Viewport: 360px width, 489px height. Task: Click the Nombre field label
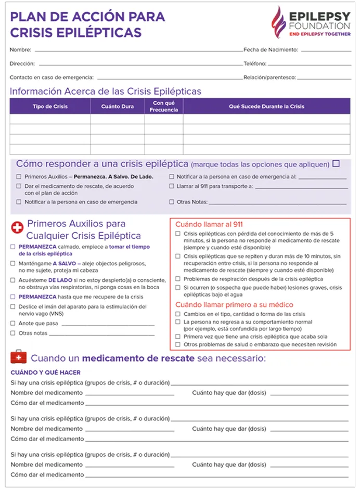point(20,50)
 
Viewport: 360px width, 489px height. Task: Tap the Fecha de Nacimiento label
point(271,50)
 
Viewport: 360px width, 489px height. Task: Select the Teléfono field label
point(255,63)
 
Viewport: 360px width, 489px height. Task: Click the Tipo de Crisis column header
point(50,107)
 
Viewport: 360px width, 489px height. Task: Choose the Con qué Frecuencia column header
point(163,107)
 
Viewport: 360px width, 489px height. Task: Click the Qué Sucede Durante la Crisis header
point(266,107)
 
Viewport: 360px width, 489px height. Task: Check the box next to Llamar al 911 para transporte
point(172,186)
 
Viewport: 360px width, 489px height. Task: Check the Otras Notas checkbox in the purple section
point(172,202)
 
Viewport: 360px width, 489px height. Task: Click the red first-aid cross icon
point(17,228)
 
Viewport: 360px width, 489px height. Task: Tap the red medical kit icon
point(19,358)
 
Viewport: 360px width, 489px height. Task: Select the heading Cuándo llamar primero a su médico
point(234,304)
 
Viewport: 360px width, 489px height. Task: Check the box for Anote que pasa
point(13,323)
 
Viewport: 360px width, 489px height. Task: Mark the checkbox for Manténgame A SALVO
point(13,264)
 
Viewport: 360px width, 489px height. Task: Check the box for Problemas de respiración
point(178,279)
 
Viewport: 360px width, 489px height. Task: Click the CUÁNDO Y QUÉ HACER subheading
point(45,372)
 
